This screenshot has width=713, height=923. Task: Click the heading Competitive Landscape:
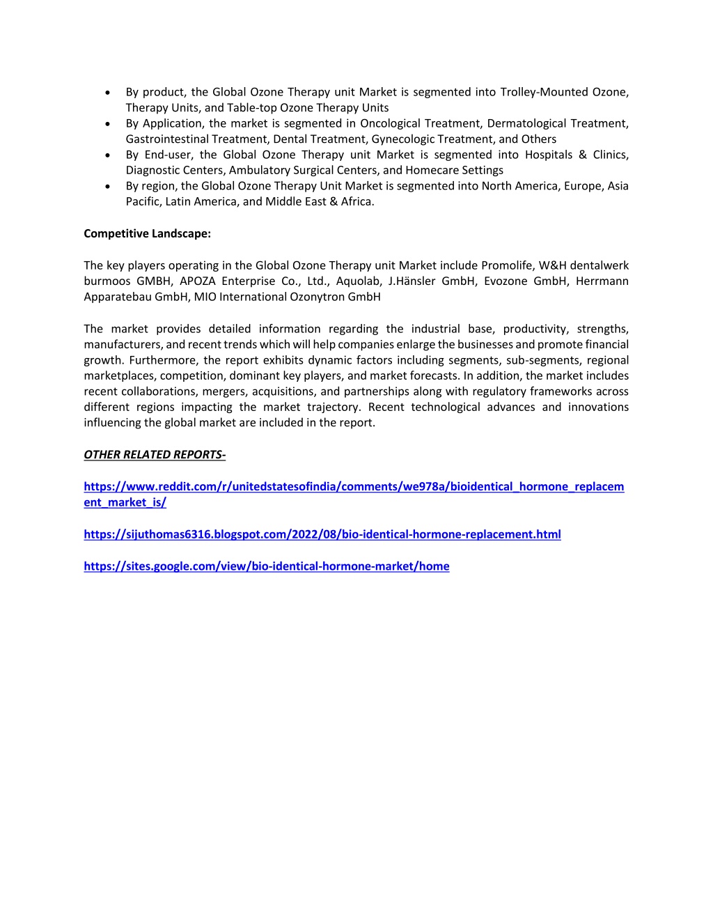(147, 234)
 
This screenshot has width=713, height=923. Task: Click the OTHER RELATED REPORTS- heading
(155, 455)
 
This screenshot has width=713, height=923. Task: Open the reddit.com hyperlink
(354, 487)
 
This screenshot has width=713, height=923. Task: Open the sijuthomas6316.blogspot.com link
(322, 534)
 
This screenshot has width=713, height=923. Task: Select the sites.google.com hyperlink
(266, 566)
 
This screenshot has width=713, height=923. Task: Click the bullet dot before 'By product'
(107, 93)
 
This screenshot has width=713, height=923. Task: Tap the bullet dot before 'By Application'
(107, 124)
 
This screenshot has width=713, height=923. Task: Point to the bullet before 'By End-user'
(107, 155)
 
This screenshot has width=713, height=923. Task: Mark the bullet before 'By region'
(107, 187)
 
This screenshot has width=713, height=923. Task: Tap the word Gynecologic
(402, 139)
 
